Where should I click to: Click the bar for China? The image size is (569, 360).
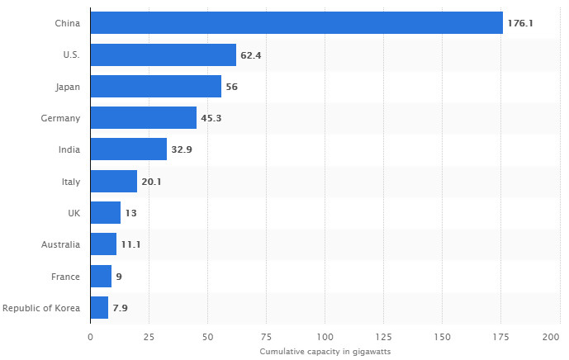coord(296,23)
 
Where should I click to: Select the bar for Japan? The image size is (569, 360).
coord(155,87)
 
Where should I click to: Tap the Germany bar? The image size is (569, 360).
coord(143,118)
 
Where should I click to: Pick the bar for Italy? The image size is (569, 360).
coord(113,181)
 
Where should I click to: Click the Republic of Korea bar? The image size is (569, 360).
coord(99,308)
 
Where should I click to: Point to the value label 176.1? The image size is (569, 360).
coord(520,23)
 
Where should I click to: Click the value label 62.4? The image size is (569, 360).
coord(250,55)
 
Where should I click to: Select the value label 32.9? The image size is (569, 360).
coord(181,149)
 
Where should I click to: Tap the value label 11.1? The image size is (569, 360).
coord(130,244)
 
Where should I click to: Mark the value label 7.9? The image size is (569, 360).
coord(120,308)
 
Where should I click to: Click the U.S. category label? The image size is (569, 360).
coord(69,55)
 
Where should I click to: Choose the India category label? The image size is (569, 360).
coord(69,149)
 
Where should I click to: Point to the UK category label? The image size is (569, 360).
coord(73,213)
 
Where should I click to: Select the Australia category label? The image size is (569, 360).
coord(60,244)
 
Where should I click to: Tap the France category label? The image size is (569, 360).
coord(66,277)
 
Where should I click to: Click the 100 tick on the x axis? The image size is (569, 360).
coord(325,337)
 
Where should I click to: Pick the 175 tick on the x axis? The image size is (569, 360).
coord(500,337)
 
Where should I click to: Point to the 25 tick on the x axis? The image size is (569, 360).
coord(149,337)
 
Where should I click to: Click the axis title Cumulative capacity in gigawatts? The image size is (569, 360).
coord(325,352)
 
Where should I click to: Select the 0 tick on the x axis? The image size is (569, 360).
coord(90,337)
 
